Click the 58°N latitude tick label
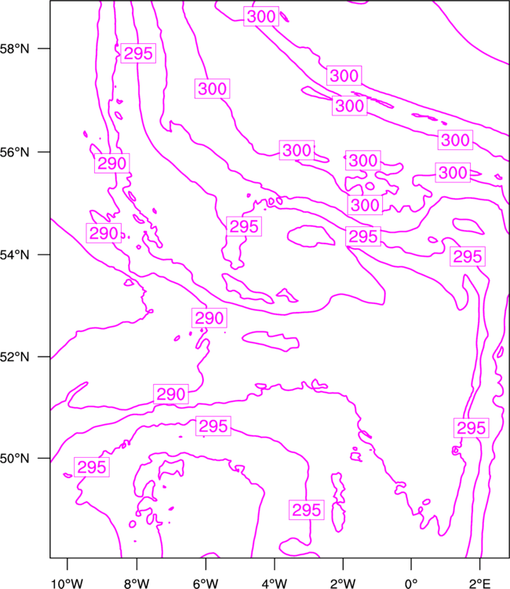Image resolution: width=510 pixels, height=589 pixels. pos(15,49)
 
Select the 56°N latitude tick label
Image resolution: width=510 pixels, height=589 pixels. pos(15,152)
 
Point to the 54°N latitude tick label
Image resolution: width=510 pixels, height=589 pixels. pos(15,254)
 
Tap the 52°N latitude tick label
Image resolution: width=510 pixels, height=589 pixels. pos(15,357)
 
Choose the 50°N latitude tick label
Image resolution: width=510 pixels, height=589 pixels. pos(15,459)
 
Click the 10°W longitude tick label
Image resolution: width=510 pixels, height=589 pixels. pos(67,584)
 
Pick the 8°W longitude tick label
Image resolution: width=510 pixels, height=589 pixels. pos(137,584)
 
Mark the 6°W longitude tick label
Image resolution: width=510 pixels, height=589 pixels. pos(206,584)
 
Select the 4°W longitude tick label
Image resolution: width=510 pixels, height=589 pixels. pos(275,584)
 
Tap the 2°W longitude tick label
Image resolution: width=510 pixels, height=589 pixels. pos(343,584)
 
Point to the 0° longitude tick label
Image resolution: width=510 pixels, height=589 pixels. pos(411,584)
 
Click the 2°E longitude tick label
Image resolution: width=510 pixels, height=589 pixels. pos(479,584)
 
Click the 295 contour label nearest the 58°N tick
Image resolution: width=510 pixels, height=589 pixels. pos(138,53)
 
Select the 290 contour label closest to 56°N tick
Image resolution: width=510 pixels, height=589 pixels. pos(112,163)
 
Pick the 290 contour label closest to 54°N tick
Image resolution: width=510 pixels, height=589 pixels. pos(104,233)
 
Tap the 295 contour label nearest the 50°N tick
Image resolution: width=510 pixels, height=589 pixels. pos(92,467)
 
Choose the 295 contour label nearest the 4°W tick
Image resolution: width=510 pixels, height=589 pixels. pos(306,510)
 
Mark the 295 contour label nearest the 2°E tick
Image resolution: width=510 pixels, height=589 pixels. pos(471,428)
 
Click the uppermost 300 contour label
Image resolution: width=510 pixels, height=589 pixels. pos(261,16)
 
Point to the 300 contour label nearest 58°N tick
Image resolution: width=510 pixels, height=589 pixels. pos(212,89)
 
